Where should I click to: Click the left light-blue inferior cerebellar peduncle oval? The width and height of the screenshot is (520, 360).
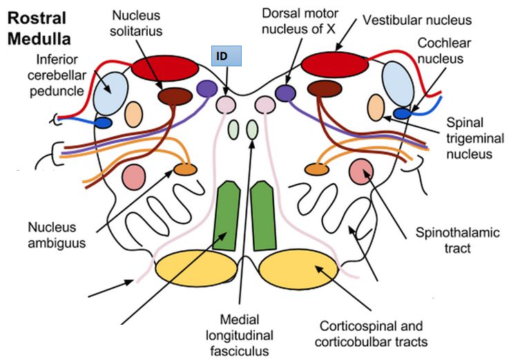(x=112, y=92)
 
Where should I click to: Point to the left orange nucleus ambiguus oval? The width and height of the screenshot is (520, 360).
(x=184, y=169)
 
